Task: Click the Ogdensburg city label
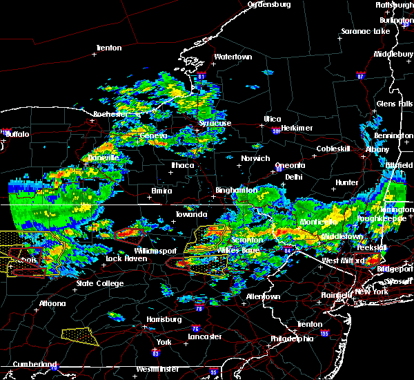pyautogui.click(x=269, y=5)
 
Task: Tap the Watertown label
pyautogui.click(x=233, y=57)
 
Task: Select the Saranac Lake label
pyautogui.click(x=366, y=32)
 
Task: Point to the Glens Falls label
pyautogui.click(x=395, y=104)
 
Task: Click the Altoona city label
pyautogui.click(x=52, y=303)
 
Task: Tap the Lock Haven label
pyautogui.click(x=125, y=259)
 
